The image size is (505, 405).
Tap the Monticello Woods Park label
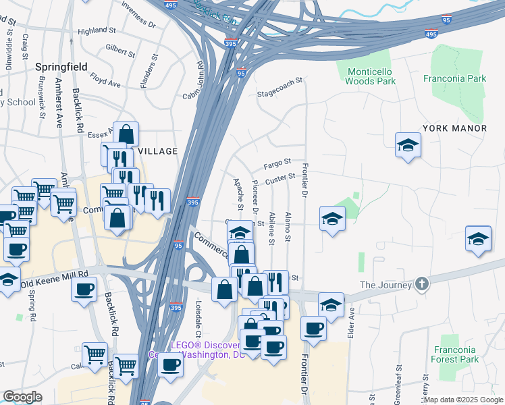pos(370,76)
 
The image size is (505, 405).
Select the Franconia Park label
pos(454,78)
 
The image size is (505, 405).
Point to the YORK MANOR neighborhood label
pos(454,128)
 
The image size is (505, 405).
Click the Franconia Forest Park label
pos(456,354)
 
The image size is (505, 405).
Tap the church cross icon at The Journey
pos(422,283)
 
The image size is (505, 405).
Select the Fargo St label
pos(277,163)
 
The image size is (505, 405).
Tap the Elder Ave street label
pos(351,322)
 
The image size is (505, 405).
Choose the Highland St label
pos(97,31)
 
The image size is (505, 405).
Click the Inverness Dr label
pos(138,15)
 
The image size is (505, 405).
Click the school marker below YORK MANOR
pos(408,146)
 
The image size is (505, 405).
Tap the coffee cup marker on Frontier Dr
pos(313,329)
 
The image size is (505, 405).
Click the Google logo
pos(22,397)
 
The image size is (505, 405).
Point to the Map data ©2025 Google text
pos(463,400)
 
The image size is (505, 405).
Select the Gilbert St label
pos(120,51)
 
